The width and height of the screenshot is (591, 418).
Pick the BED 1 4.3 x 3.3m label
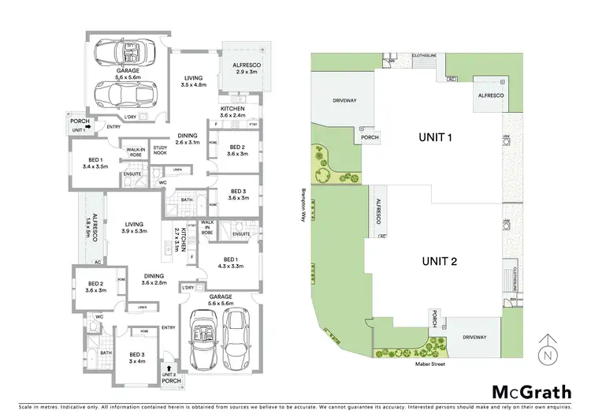(x=233, y=263)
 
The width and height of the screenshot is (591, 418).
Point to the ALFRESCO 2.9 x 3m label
(x=246, y=67)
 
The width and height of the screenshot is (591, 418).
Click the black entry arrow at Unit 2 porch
(x=168, y=368)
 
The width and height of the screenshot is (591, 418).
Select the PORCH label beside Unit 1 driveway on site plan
(x=370, y=136)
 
